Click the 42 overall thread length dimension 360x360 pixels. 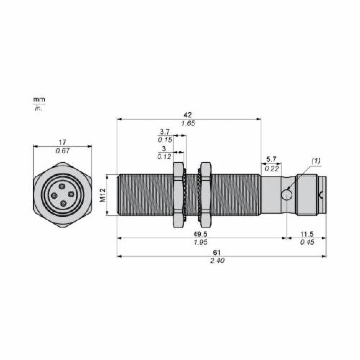[x=188, y=115]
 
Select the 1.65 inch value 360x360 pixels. [x=188, y=123]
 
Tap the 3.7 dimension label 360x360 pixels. [x=165, y=132]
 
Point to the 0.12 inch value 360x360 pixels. [x=164, y=157]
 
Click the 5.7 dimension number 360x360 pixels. [x=271, y=159]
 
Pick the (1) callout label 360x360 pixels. [x=316, y=161]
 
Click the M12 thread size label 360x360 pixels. [x=103, y=195]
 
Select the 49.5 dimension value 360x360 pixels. [x=200, y=234]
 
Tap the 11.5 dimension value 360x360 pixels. [x=307, y=234]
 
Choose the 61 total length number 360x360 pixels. [x=216, y=253]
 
